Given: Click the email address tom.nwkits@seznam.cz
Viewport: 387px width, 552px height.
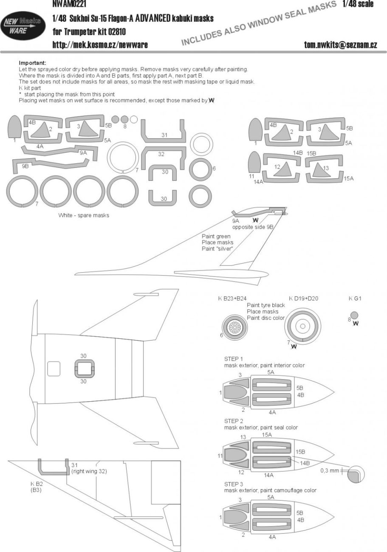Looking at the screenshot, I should pos(340,45).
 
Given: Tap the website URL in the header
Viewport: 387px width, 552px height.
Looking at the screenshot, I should pos(100,45).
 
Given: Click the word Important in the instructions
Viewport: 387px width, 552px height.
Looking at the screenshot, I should pos(32,63).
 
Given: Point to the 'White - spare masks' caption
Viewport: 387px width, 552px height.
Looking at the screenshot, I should pos(84,215).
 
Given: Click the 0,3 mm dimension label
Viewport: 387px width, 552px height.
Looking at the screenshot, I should pos(329,471).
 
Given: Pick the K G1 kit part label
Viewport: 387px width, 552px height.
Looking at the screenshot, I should pos(355,299).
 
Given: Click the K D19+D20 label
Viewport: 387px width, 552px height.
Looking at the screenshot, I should pos(303,299).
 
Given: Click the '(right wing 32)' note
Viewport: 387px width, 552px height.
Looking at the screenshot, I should pos(89,471).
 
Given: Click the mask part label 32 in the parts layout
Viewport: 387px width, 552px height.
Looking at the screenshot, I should pos(161,154).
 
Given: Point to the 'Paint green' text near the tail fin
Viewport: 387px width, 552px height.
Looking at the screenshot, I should pos(216,237).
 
